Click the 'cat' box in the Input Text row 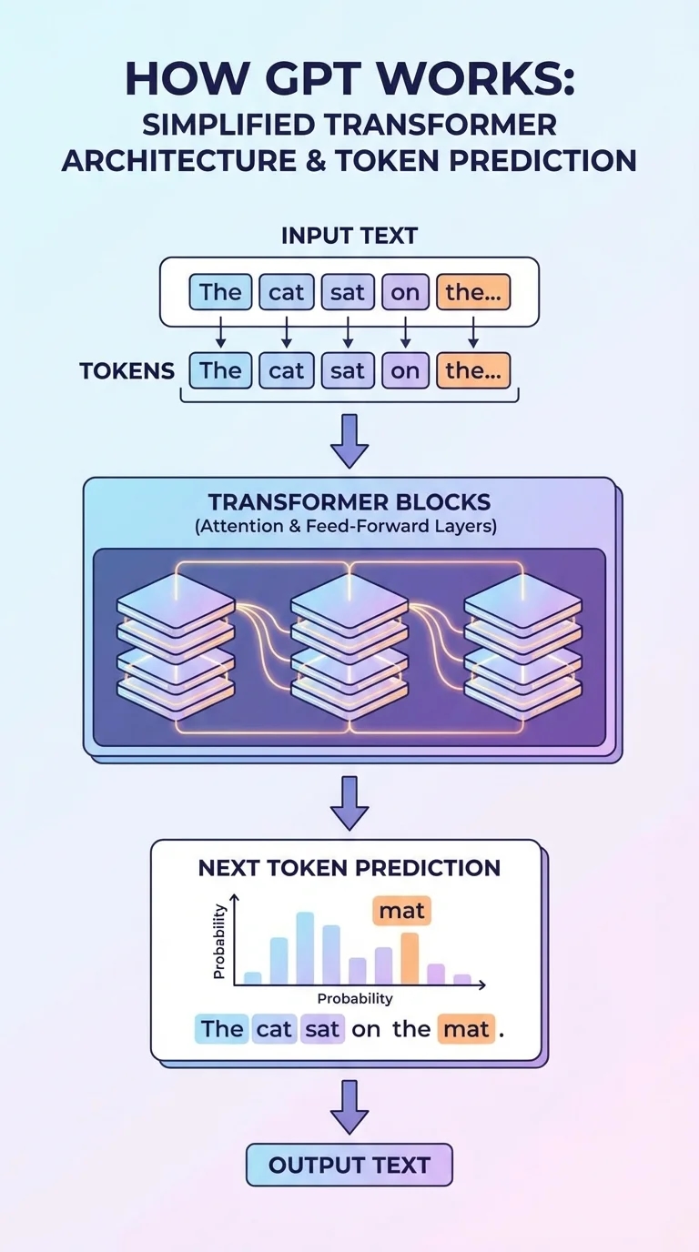tap(286, 293)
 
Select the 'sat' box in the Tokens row tap(348, 370)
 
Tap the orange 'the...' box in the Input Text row tap(473, 293)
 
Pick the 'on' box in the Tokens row tap(405, 370)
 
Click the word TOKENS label tap(127, 371)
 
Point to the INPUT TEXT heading tap(349, 236)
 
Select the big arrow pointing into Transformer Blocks tap(349, 439)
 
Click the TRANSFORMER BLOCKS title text tap(349, 502)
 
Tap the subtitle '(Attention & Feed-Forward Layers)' tap(349, 527)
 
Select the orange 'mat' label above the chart tap(401, 910)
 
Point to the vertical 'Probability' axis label tap(218, 941)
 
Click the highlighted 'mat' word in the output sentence tap(466, 1029)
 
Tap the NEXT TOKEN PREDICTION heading tap(349, 867)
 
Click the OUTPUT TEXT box tap(349, 1166)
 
